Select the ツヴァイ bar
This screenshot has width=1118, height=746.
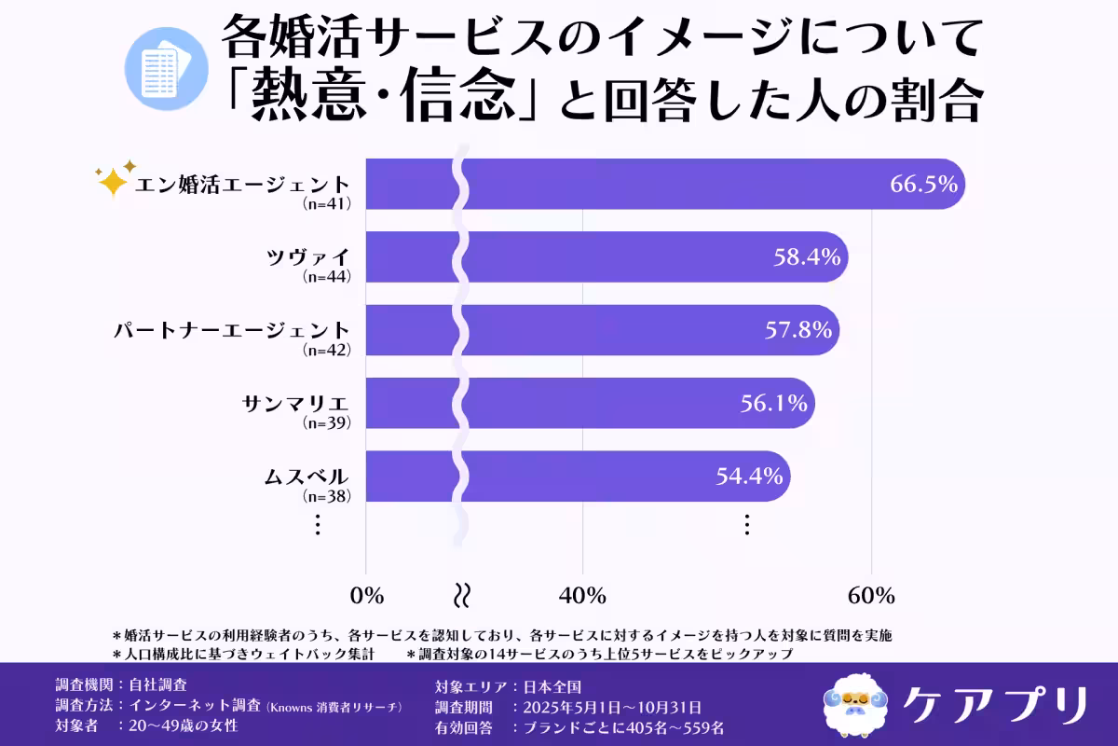607,256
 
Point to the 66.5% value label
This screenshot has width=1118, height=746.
923,184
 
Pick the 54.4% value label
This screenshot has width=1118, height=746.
748,477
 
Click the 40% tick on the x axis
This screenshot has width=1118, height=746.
583,595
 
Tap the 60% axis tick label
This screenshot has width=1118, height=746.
871,595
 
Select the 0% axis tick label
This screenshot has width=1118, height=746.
366,595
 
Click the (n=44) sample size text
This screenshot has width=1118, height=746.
327,277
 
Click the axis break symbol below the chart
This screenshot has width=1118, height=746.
460,595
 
